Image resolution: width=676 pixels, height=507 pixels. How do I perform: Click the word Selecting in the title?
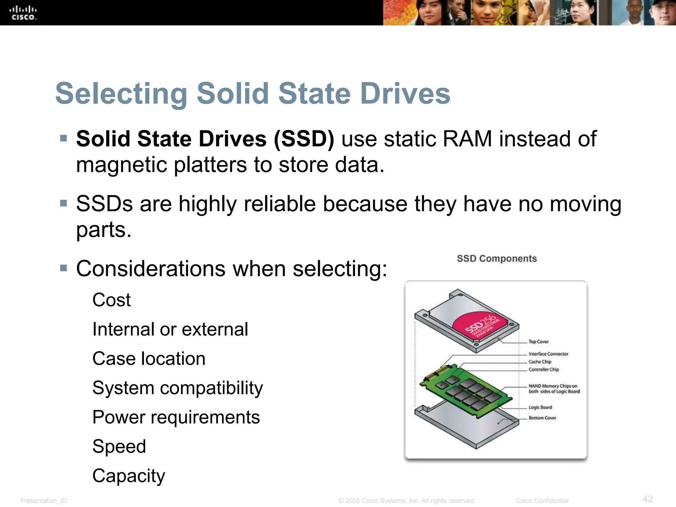tap(121, 94)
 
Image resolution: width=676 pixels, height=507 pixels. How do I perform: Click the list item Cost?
tap(112, 300)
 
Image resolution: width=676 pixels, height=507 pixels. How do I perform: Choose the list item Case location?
tap(149, 359)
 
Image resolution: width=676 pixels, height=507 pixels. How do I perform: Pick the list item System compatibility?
tap(178, 388)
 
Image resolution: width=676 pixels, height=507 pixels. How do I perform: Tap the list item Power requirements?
tap(176, 417)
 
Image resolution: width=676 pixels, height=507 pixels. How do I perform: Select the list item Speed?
tap(119, 447)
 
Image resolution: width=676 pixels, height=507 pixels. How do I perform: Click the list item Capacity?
tap(129, 476)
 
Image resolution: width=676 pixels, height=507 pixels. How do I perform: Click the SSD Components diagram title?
tap(497, 258)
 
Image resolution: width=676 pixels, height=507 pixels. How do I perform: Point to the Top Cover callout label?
tap(538, 342)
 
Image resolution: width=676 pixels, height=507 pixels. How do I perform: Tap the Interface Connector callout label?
tap(548, 354)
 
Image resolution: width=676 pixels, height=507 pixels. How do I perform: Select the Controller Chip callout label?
tap(544, 369)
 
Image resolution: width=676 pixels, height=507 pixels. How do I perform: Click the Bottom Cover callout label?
tap(542, 418)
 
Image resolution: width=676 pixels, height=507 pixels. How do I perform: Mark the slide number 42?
tap(648, 499)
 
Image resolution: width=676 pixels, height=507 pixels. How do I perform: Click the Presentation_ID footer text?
tap(44, 501)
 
